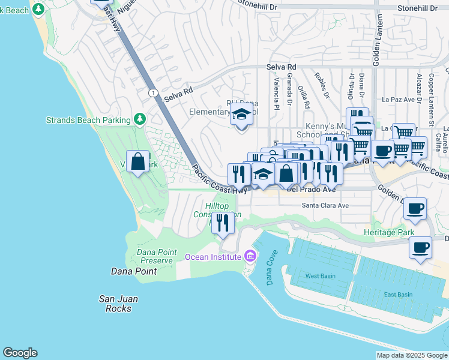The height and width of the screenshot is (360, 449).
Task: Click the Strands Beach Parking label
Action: tap(88, 120)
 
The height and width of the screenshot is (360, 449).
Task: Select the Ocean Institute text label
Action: tap(213, 257)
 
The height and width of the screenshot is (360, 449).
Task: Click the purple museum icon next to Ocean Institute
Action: tap(250, 257)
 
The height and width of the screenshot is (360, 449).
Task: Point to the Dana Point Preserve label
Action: tap(157, 256)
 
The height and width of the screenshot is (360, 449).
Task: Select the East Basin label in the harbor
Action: tap(399, 294)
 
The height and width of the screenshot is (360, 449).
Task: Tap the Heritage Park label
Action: tap(389, 232)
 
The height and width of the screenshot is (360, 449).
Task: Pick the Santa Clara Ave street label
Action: tap(325, 205)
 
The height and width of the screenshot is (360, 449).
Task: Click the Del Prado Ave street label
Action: tap(312, 189)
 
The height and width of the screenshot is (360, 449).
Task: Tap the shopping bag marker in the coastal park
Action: tap(137, 161)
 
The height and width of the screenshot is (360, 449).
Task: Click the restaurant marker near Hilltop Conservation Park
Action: tap(223, 223)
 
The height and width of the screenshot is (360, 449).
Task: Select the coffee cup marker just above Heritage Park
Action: tap(415, 209)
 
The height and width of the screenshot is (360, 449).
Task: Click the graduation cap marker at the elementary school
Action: tap(241, 113)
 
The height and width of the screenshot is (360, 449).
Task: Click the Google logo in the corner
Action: tap(20, 353)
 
